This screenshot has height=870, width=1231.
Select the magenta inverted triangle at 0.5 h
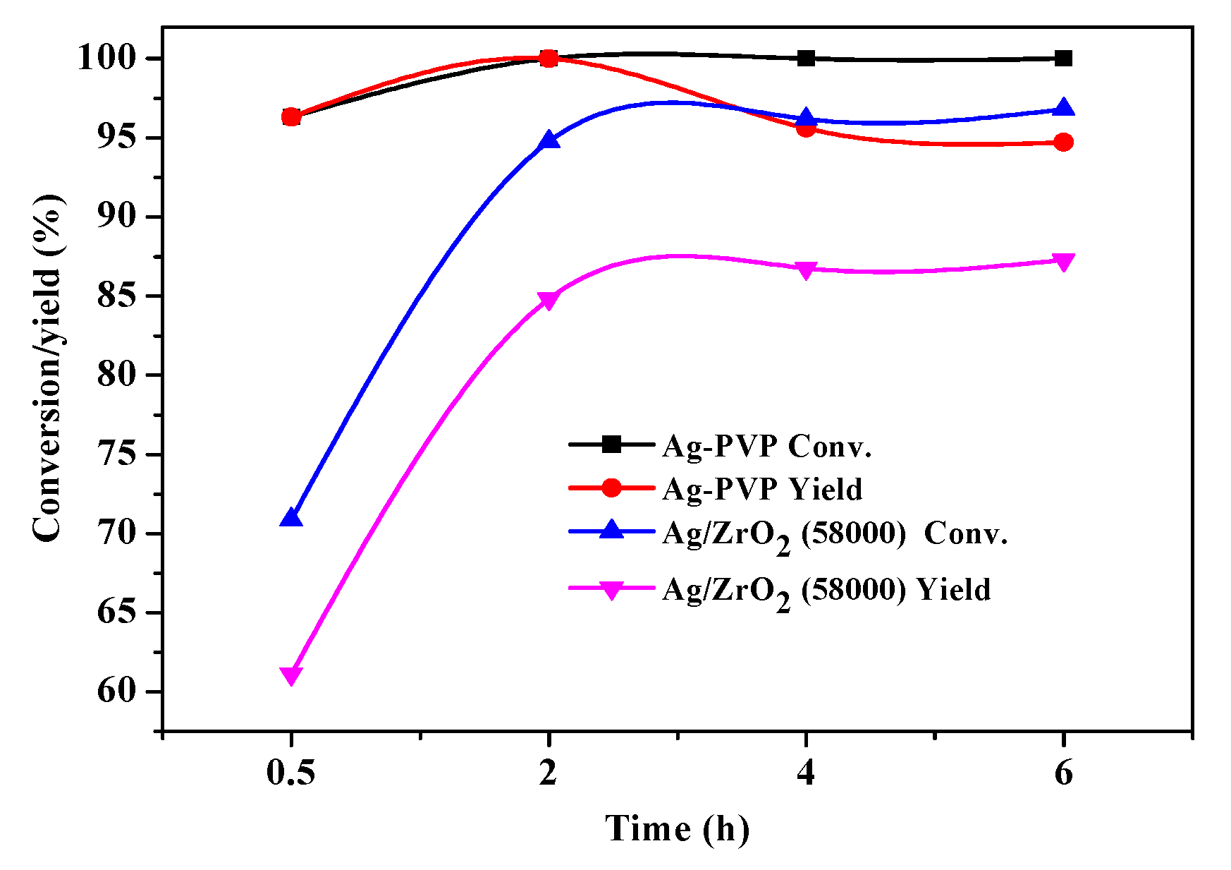click(x=291, y=675)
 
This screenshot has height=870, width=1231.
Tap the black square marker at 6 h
click(x=1063, y=58)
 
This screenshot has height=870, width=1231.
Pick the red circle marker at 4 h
click(x=806, y=128)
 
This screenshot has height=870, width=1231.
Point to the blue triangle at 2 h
click(x=549, y=140)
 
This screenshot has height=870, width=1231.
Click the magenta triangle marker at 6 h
click(x=1063, y=262)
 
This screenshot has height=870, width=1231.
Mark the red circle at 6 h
click(x=1063, y=143)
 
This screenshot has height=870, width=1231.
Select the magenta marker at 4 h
click(x=806, y=270)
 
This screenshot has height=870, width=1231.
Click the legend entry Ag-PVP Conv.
click(x=767, y=446)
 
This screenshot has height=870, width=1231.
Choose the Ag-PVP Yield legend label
click(x=762, y=489)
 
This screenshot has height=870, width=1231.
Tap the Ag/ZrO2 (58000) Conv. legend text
click(x=835, y=534)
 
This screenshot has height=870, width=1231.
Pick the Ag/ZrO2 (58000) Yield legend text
click(x=826, y=591)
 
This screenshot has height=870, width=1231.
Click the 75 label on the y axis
click(x=116, y=454)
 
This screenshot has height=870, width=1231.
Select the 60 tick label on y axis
click(x=116, y=691)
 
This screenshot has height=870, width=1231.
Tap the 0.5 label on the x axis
click(x=290, y=773)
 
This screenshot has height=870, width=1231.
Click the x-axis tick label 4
click(x=806, y=773)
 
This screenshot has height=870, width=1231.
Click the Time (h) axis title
click(x=677, y=828)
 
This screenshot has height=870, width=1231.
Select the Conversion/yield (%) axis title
click(x=48, y=367)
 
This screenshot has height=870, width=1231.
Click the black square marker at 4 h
click(x=806, y=58)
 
